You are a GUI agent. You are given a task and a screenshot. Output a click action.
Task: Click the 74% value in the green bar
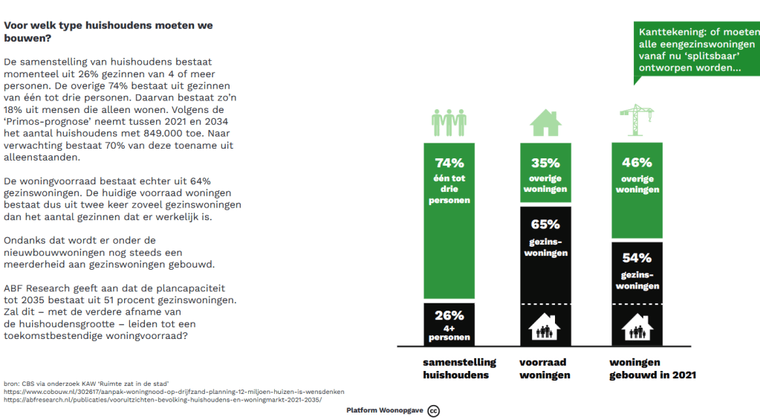[449, 163]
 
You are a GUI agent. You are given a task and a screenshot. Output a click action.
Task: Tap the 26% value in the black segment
[449, 315]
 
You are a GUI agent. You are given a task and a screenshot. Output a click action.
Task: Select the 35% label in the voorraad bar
[545, 163]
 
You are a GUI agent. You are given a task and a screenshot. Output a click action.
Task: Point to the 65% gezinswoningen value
[545, 224]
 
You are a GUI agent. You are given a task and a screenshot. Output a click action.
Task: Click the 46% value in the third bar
[637, 163]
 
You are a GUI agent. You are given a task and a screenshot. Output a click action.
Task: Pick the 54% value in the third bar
[637, 258]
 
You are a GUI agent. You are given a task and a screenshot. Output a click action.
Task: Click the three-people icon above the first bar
[449, 122]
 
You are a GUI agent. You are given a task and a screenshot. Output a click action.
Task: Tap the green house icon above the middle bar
[545, 121]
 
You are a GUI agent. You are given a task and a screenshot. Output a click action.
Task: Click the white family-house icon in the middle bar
[545, 326]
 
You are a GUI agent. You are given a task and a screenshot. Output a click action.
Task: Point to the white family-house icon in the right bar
[637, 326]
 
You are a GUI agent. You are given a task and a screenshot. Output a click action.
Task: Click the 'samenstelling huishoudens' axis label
[459, 369]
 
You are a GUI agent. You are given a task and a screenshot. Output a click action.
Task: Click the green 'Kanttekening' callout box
[697, 50]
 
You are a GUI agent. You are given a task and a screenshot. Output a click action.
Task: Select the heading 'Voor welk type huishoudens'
[108, 31]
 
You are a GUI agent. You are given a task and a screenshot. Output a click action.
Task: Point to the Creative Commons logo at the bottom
[433, 410]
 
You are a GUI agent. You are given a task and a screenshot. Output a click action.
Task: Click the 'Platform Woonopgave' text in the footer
[384, 410]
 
